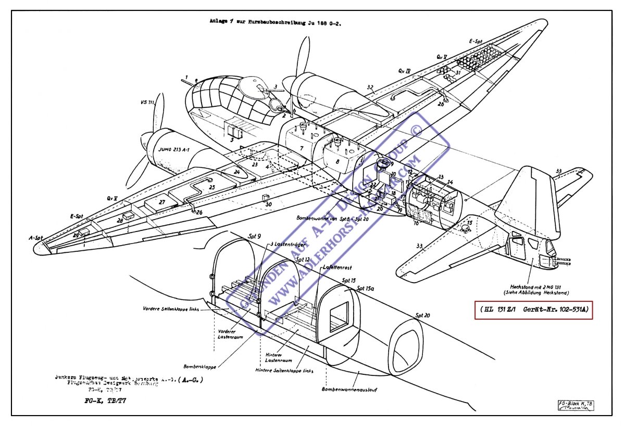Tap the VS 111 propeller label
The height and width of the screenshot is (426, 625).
[x=147, y=103]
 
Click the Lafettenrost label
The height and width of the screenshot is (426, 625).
[x=334, y=267]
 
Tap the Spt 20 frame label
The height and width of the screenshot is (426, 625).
[x=422, y=315]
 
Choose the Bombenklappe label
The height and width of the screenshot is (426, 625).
[x=199, y=367]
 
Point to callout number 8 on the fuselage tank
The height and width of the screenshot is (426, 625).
[x=337, y=162]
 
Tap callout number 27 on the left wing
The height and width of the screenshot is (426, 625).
[x=162, y=202]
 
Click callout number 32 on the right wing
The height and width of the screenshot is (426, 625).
[x=370, y=88]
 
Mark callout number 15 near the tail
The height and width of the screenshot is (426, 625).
[x=469, y=223]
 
